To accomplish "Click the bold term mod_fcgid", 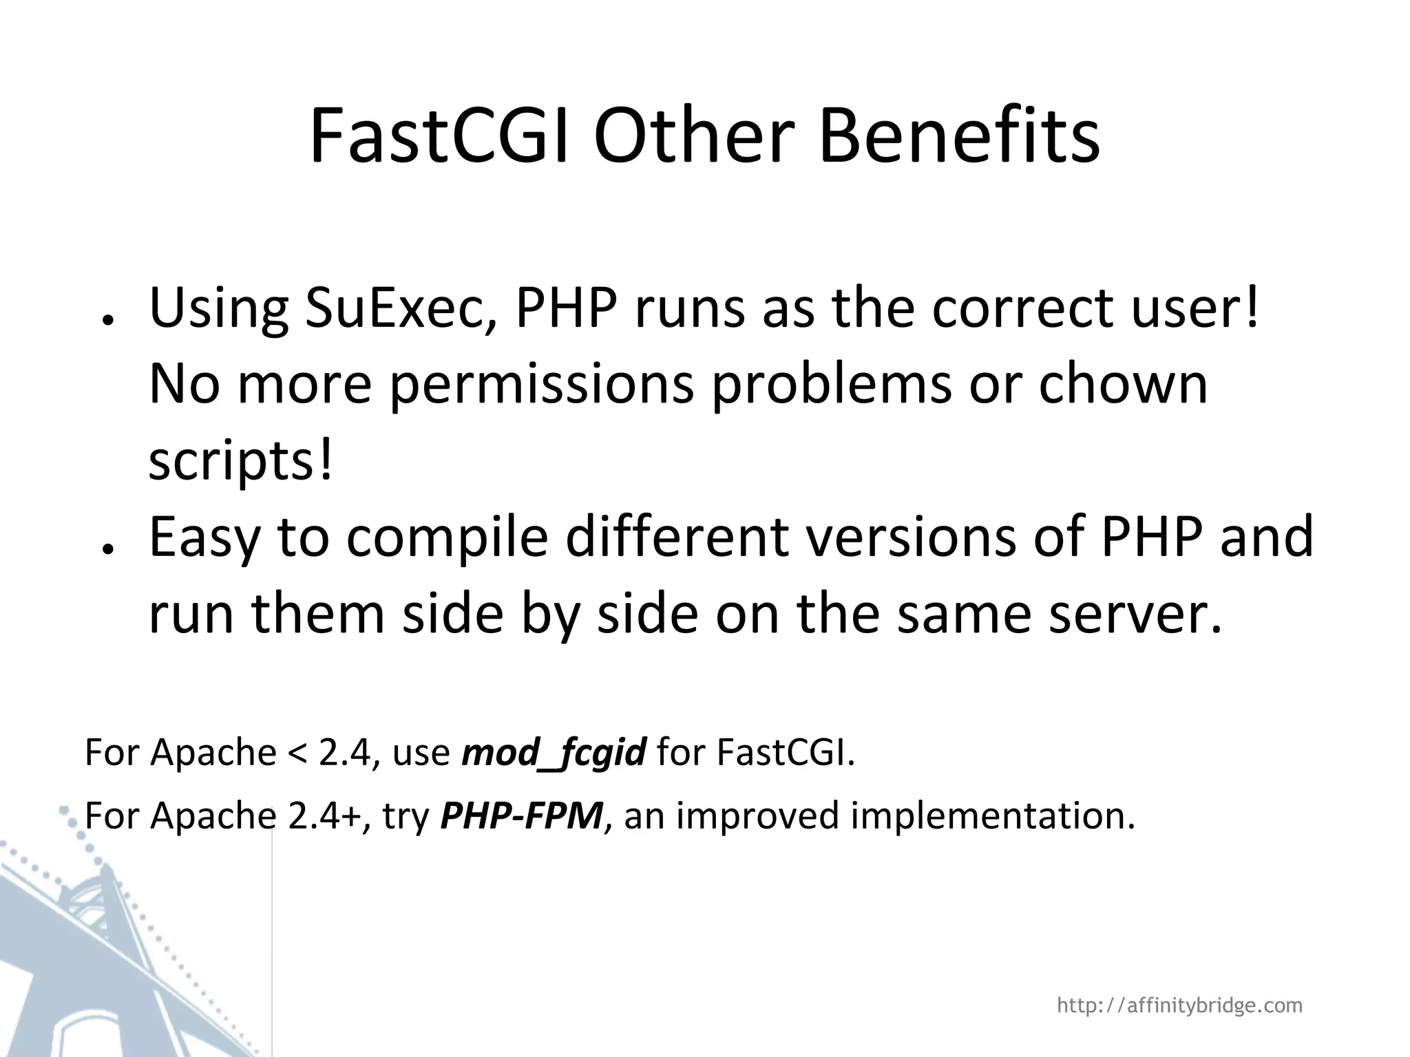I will click(554, 751).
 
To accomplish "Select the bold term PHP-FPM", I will click(521, 815).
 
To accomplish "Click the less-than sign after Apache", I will click(297, 753).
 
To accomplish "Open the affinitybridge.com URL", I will click(1179, 1005).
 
